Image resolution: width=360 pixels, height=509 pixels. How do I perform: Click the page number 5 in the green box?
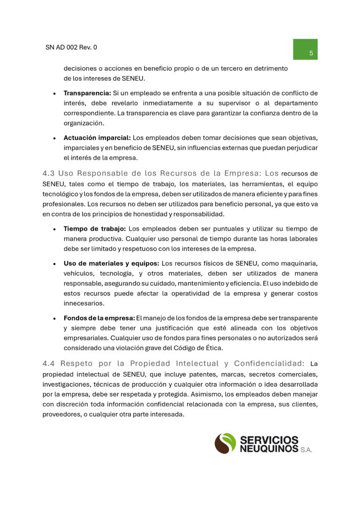[x=311, y=53]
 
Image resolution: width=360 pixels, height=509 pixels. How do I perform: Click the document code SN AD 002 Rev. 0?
[x=71, y=48]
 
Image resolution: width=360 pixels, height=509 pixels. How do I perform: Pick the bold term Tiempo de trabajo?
[x=95, y=229]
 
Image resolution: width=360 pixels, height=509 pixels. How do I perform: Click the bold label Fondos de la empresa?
[x=99, y=318]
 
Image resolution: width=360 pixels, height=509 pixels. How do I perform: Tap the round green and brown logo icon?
[x=225, y=443]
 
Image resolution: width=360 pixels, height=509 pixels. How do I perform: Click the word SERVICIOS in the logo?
[x=270, y=440]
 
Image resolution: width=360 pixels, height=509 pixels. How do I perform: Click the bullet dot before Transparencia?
[x=54, y=93]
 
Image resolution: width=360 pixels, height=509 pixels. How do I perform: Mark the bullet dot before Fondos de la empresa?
[x=54, y=318]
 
